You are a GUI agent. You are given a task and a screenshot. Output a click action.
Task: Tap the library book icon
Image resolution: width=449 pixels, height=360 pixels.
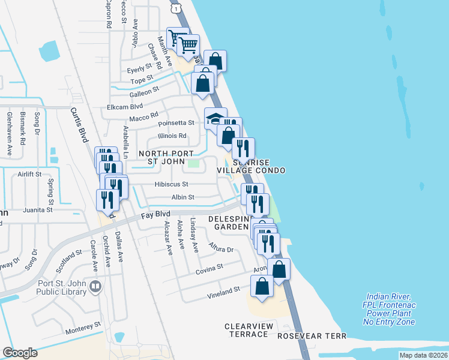click(95, 288)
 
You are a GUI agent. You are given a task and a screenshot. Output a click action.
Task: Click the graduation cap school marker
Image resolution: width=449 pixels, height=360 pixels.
click(215, 118)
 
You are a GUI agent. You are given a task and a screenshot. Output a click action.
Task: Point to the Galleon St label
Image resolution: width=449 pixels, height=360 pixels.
click(143, 91)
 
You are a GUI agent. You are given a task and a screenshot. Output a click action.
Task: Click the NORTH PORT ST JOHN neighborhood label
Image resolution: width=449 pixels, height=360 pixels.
click(166, 158)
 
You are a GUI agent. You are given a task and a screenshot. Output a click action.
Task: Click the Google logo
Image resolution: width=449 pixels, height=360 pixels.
click(20, 352)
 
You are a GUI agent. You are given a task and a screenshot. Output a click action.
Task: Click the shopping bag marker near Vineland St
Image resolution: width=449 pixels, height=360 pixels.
click(262, 286)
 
